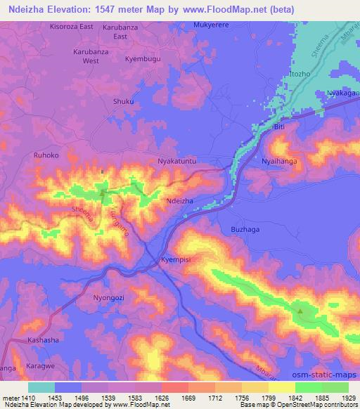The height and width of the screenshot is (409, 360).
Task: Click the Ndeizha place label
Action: click(179, 200)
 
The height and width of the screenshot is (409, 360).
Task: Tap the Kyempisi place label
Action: click(176, 259)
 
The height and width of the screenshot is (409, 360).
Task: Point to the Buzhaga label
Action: click(245, 229)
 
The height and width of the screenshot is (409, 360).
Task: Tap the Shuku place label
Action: click(123, 101)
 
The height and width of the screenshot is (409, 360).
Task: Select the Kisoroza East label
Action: click(72, 26)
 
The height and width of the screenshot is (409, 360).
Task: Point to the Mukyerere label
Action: click(211, 24)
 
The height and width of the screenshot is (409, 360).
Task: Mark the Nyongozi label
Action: click(109, 297)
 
